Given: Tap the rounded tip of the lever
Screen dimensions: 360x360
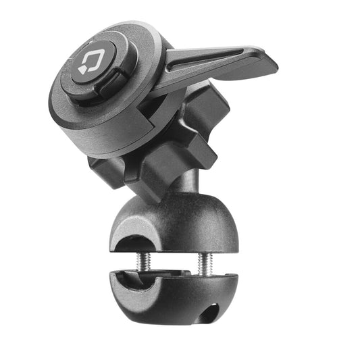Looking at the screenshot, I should [269, 65].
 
